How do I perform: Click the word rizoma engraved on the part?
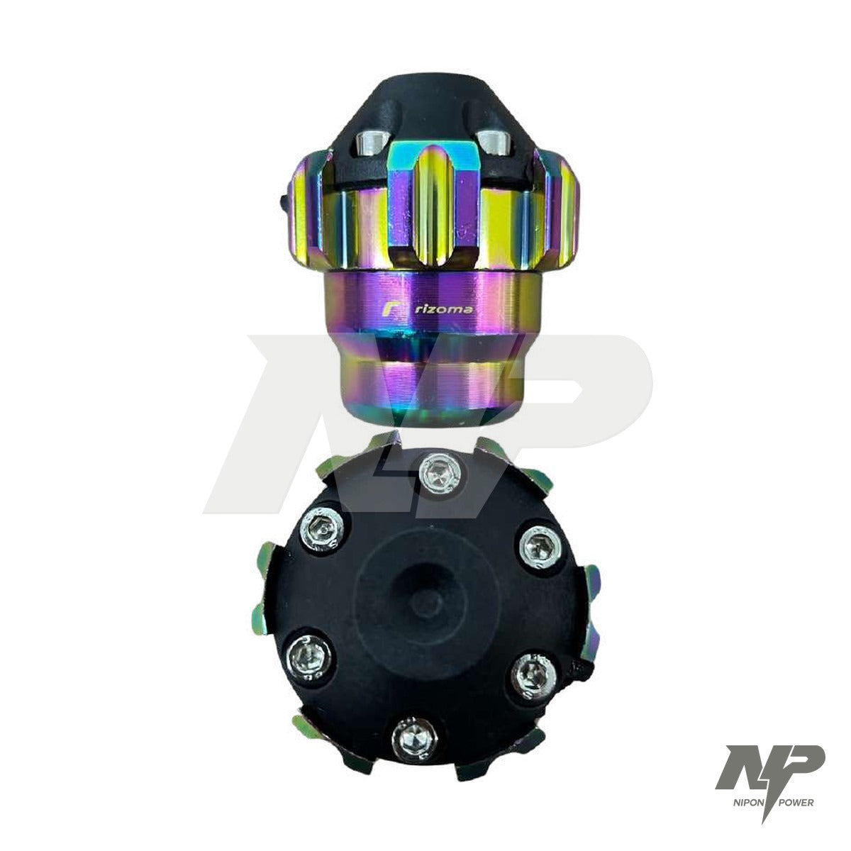pyautogui.click(x=445, y=310)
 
